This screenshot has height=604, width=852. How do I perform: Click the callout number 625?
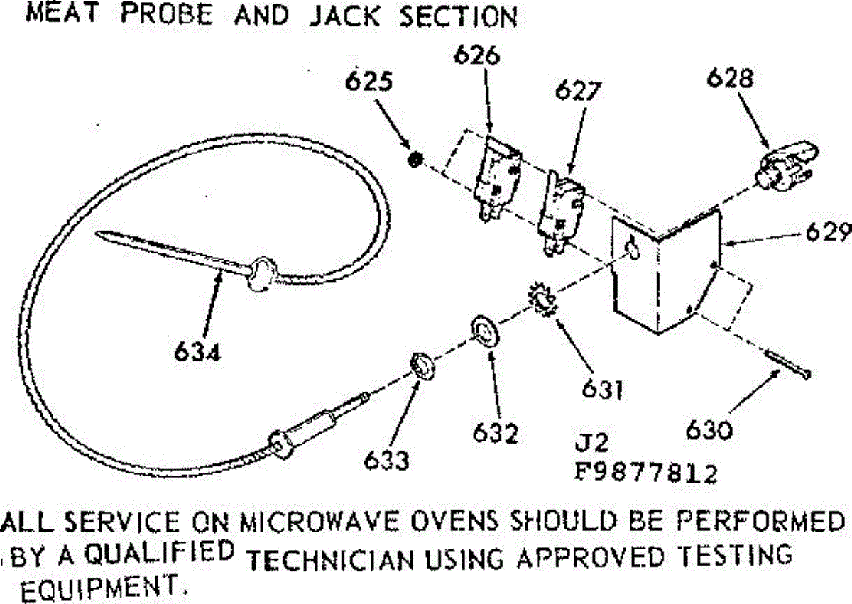[x=368, y=82]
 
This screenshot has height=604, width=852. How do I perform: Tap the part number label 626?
[x=476, y=55]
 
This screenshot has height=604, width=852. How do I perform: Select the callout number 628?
[x=730, y=79]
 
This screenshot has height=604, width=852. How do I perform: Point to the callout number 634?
[x=197, y=351]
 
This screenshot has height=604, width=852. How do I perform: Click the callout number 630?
[x=709, y=430]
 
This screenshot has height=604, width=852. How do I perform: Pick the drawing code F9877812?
[x=645, y=473]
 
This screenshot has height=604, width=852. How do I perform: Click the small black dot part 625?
[x=415, y=159]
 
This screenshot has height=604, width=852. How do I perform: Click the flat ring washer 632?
[x=484, y=330]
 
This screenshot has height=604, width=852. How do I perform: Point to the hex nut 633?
[x=423, y=366]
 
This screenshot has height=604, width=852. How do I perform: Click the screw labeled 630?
[x=787, y=365]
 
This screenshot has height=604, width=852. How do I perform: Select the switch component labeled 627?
[x=561, y=213]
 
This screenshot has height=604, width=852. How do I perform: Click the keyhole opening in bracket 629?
[x=632, y=248]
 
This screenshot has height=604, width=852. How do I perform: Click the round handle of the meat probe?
[x=263, y=274]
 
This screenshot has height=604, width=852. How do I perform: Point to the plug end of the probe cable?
[x=319, y=426]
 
